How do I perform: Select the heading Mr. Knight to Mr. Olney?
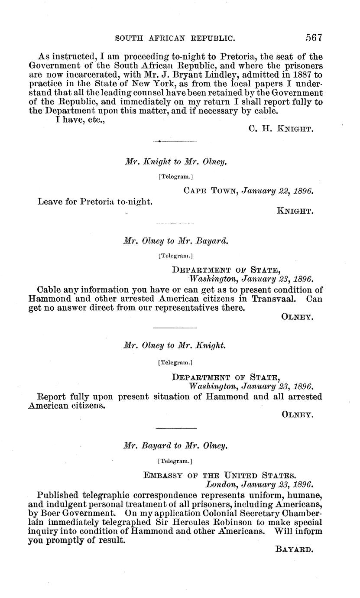click(x=175, y=162)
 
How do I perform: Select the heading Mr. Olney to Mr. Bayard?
click(x=175, y=241)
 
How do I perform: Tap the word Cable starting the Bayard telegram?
click(x=50, y=289)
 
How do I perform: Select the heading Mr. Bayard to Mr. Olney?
click(x=175, y=445)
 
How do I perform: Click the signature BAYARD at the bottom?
click(x=294, y=549)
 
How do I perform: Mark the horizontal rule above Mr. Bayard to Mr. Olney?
click(x=175, y=429)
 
